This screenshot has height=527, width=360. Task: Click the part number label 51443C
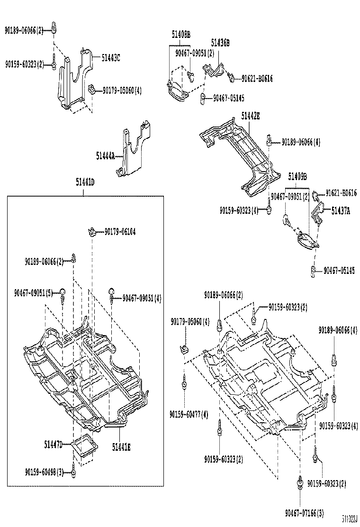pyautogui.click(x=111, y=57)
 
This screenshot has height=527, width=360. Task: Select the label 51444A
pyautogui.click(x=105, y=155)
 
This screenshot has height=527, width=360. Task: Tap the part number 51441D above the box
pyautogui.click(x=85, y=182)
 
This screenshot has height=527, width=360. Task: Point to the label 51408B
pyautogui.click(x=180, y=34)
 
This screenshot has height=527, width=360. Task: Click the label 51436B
pyautogui.click(x=220, y=43)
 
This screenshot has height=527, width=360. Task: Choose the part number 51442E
pyautogui.click(x=250, y=115)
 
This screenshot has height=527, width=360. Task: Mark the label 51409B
pyautogui.click(x=297, y=176)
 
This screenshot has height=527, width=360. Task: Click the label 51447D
pyautogui.click(x=54, y=444)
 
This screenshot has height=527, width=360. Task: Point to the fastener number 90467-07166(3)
pyautogui.click(x=305, y=512)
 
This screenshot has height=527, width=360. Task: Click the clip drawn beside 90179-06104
pyautogui.click(x=92, y=231)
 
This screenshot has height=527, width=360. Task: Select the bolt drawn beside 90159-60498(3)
pyautogui.click(x=74, y=472)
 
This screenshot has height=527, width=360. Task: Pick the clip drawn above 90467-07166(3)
pyautogui.click(x=300, y=482)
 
